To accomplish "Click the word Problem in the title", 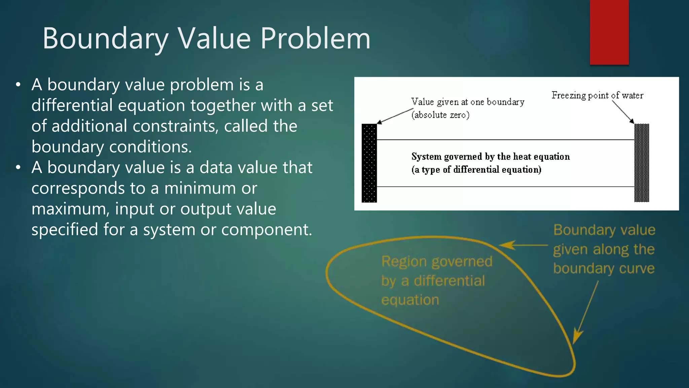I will [315, 39].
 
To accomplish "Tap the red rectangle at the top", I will [609, 32].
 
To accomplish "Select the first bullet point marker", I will [19, 85].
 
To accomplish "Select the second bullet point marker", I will [19, 167].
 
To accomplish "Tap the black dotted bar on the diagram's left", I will [369, 163].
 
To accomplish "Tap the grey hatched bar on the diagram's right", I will [642, 163].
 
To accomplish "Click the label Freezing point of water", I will [597, 96].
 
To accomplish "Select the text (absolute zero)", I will [440, 115].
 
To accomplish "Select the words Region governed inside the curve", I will [436, 262].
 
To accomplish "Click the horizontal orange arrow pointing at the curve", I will [523, 245].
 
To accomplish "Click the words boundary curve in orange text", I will [604, 269].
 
